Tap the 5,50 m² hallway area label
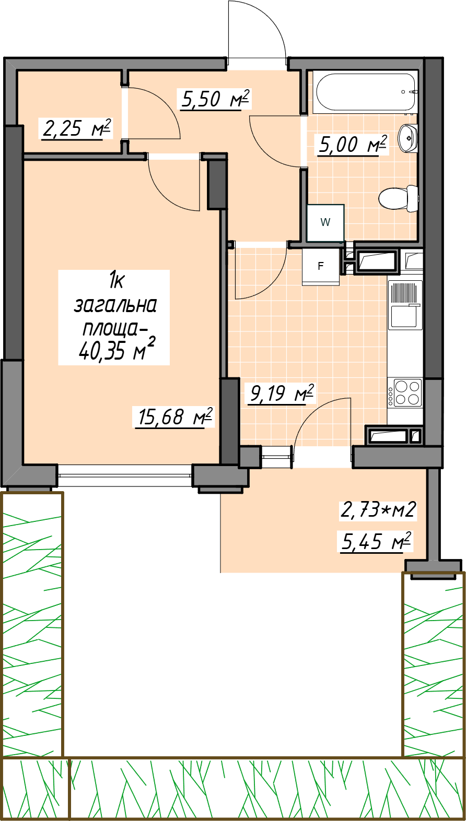point(215,99)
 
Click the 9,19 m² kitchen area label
point(282,394)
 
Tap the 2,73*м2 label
point(378,510)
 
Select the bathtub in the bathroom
point(365,92)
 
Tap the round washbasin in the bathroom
point(407,138)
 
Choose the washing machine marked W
point(325,223)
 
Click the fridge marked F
point(321,267)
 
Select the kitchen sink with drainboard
point(405,304)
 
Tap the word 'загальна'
point(115,305)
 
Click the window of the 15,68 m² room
point(125,475)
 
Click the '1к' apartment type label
point(116,281)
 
